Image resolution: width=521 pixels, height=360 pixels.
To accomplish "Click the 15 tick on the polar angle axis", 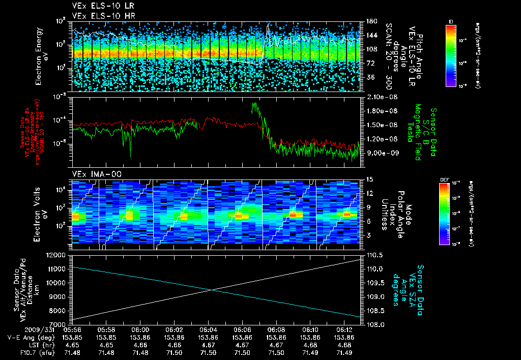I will point(369,179).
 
